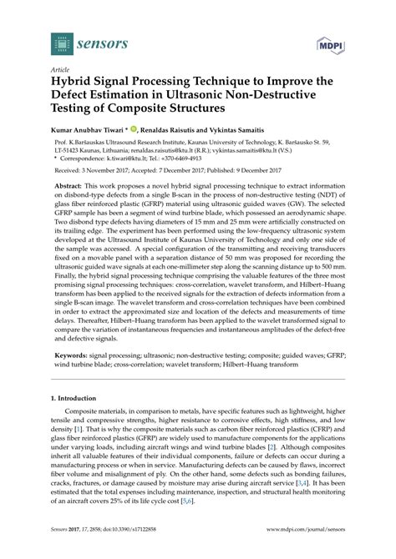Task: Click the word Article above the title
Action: [x=61, y=71]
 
